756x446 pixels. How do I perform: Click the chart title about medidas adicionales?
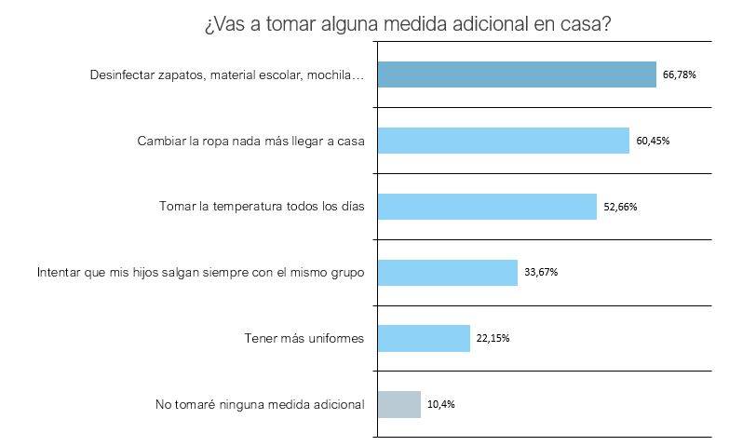click(x=407, y=23)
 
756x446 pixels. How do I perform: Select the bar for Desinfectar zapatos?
click(x=517, y=74)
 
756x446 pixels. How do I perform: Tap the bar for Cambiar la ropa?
click(x=503, y=141)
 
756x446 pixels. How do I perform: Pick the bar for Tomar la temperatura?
click(x=487, y=207)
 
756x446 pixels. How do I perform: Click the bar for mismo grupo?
click(x=447, y=273)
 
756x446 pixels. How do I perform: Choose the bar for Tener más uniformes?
click(x=424, y=338)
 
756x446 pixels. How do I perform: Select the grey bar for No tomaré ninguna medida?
click(x=399, y=404)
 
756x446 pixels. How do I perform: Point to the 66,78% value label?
click(x=681, y=75)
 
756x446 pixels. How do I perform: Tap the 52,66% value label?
click(x=620, y=208)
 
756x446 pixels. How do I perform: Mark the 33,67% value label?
click(x=541, y=273)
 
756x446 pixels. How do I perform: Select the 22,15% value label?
click(x=493, y=338)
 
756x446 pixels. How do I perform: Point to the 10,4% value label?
click(x=441, y=404)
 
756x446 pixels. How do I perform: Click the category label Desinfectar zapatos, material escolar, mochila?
click(x=227, y=74)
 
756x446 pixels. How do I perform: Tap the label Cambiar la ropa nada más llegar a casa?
click(x=250, y=142)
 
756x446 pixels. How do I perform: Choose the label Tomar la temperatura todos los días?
click(x=262, y=207)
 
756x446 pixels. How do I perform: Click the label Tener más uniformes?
click(x=299, y=338)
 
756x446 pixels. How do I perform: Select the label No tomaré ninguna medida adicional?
click(x=260, y=404)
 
